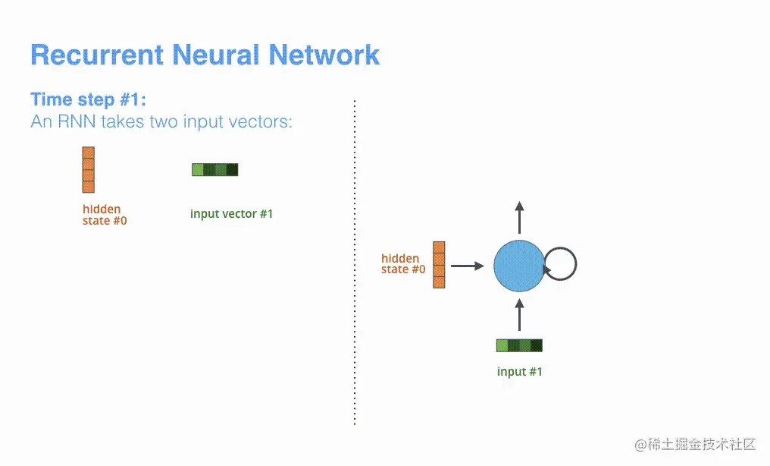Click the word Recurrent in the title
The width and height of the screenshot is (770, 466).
(x=96, y=55)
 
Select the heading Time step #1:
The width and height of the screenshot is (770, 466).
(x=88, y=99)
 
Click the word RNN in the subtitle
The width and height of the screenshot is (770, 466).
(x=78, y=121)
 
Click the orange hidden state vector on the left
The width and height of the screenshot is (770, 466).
(x=88, y=169)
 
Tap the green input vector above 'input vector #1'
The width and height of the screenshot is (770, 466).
(x=215, y=169)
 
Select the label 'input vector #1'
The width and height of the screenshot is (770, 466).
(x=231, y=214)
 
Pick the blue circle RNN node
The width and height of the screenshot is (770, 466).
(x=519, y=266)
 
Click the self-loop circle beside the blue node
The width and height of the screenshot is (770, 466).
(x=561, y=265)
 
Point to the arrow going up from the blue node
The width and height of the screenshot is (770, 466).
(x=519, y=218)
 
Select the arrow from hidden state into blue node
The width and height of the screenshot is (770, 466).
(x=467, y=266)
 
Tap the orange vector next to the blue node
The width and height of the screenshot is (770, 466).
(x=439, y=265)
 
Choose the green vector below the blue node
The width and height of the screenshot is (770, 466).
(x=519, y=346)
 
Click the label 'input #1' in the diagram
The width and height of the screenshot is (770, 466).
(x=519, y=372)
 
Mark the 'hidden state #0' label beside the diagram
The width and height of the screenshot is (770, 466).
(x=402, y=264)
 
